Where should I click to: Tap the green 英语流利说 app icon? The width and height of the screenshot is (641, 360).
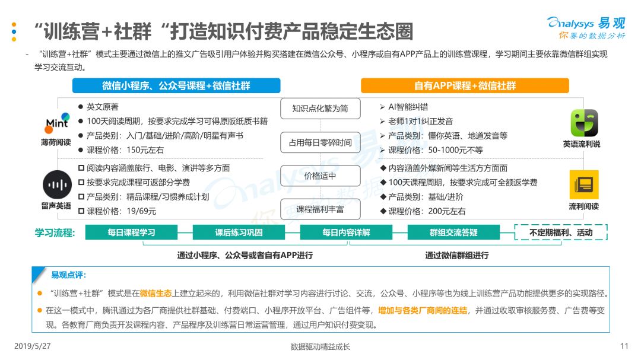584,123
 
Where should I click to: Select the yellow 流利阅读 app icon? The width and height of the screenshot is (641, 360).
584,184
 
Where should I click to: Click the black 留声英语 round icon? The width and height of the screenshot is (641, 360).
57,184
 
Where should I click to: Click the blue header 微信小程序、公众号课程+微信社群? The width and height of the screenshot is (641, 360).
176,86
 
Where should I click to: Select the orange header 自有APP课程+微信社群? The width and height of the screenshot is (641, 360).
465,86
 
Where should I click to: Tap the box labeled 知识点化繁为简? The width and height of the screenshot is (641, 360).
320,109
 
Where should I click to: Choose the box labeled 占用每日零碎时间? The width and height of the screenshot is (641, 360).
320,142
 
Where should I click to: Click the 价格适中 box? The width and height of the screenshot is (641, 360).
320,176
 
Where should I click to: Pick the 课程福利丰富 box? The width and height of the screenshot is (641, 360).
320,209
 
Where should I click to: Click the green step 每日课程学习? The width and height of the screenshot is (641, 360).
131,232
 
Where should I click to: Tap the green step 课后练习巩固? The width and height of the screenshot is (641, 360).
239,232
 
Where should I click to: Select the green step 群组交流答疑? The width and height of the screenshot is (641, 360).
453,232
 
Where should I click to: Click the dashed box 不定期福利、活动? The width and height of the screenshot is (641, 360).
561,232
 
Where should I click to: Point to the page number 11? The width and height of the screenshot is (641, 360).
624,346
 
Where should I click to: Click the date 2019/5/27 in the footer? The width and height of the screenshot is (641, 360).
32,346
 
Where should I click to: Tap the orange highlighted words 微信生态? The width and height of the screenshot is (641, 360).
156,294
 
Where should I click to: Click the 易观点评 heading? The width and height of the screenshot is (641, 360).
69,275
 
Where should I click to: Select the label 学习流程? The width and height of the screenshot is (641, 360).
55,233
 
